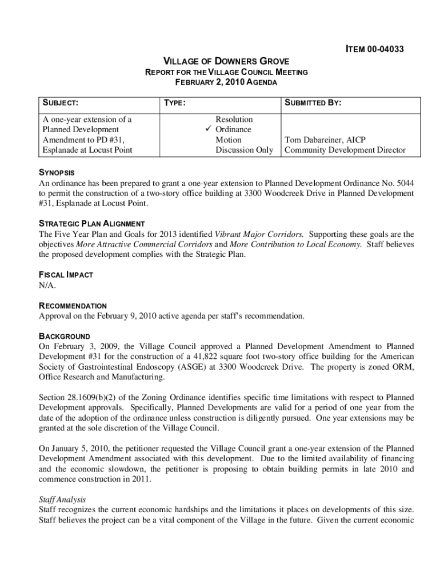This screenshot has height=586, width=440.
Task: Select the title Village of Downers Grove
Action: coord(226,61)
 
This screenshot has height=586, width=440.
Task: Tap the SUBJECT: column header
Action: coord(60,103)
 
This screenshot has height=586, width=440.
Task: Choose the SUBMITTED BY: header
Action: coord(313,103)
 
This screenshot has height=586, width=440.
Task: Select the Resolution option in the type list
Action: coord(234,120)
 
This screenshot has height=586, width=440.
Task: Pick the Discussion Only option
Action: coord(244,151)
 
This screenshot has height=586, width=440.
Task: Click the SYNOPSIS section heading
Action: coord(57,173)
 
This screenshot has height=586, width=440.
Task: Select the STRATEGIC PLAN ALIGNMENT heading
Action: coord(91,224)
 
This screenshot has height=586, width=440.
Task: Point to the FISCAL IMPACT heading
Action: coord(66,275)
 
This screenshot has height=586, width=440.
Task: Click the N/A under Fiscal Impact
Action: coord(47,285)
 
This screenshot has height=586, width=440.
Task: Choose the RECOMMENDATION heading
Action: coord(73,306)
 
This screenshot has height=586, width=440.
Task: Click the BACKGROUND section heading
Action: coord(64,336)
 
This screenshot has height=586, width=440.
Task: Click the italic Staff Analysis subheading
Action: coord(62,500)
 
